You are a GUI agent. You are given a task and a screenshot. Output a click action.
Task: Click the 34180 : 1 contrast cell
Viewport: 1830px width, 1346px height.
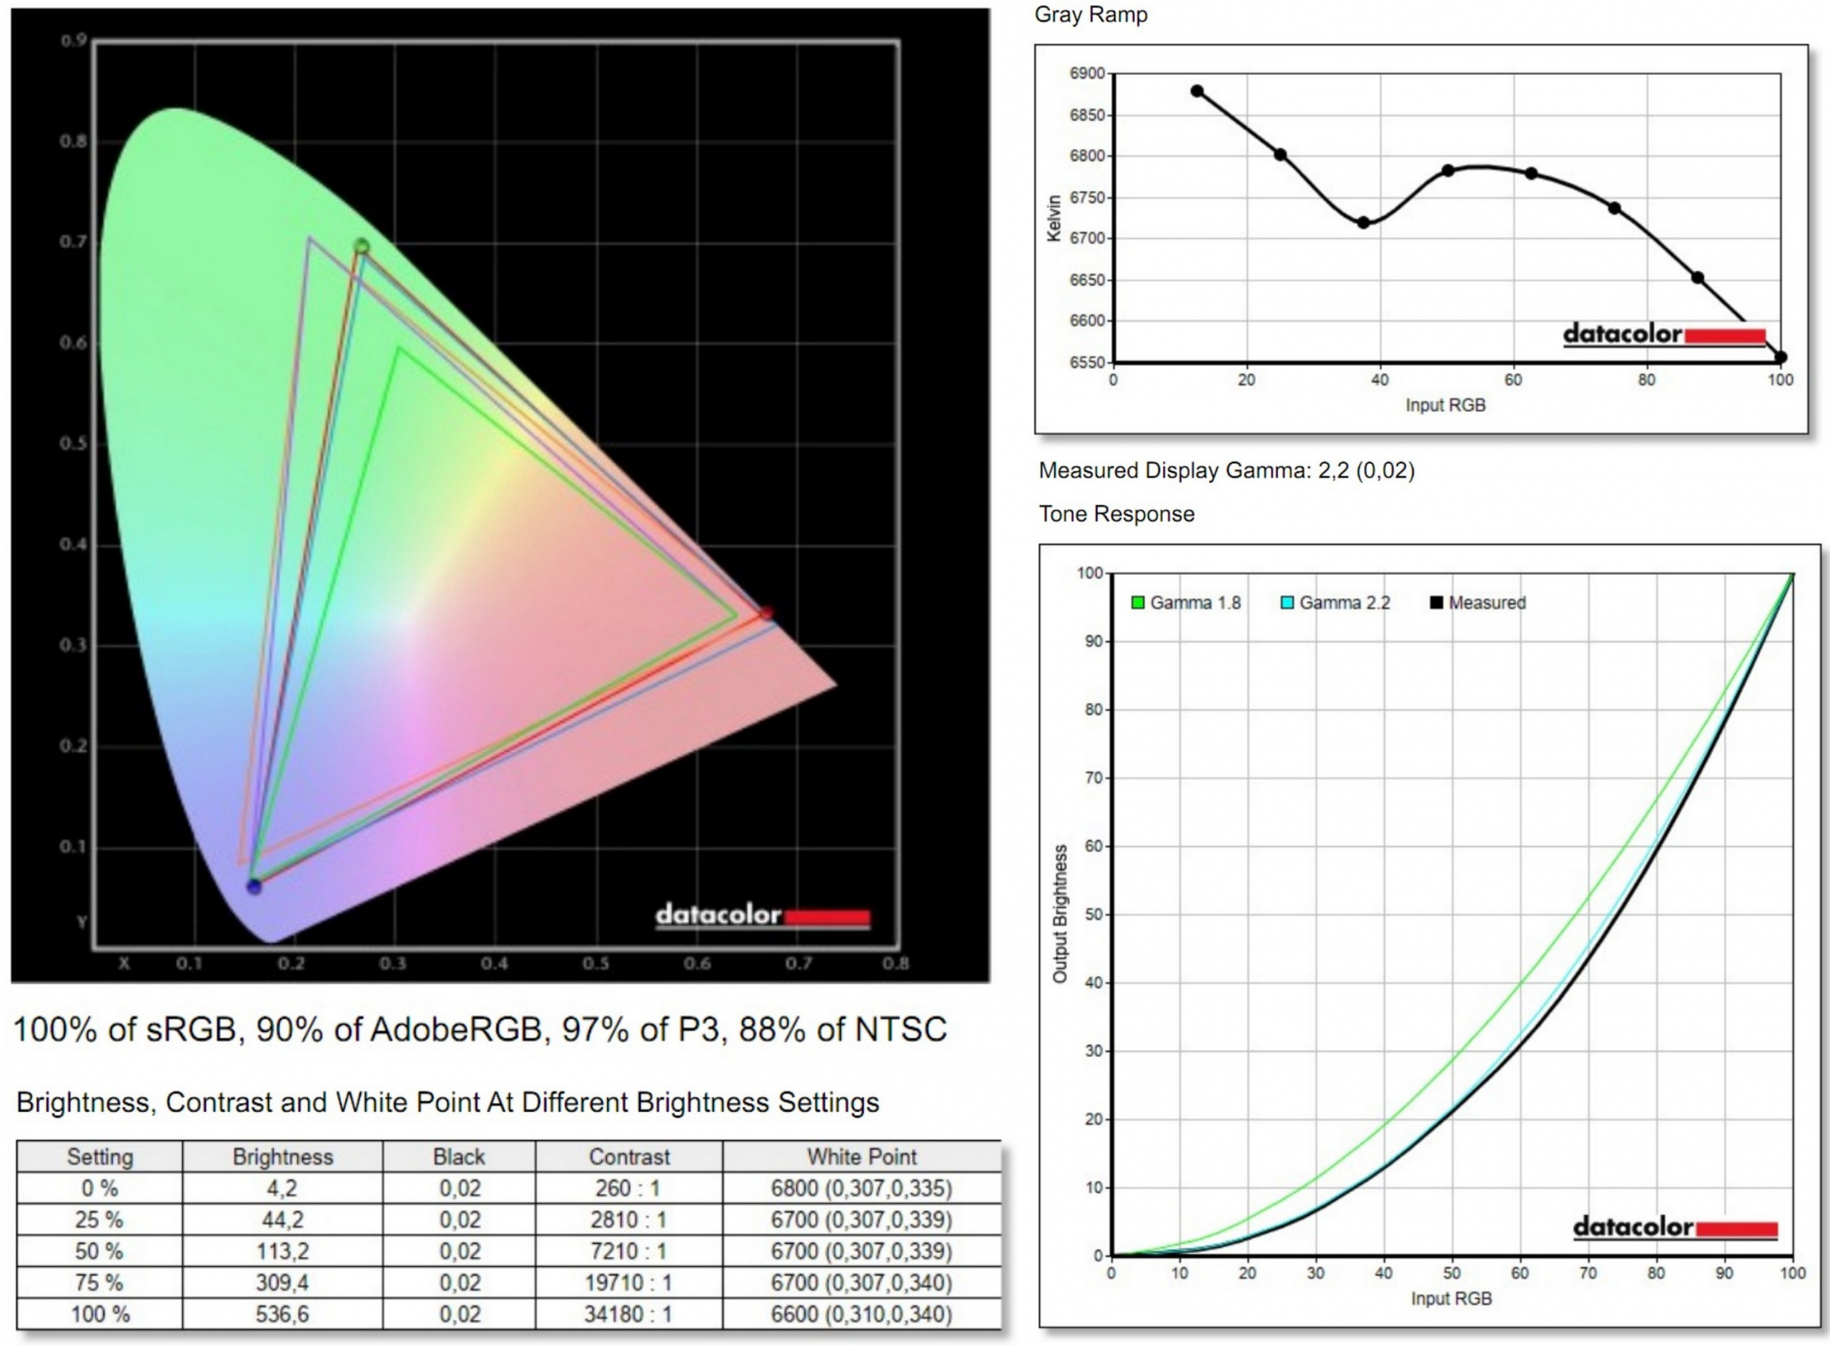(x=628, y=1315)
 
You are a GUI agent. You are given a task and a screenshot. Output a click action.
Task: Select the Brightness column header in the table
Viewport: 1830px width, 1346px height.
(x=282, y=1157)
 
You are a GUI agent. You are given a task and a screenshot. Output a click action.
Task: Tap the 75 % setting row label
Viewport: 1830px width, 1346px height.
(x=99, y=1283)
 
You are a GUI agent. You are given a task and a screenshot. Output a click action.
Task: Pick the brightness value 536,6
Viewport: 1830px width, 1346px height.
(x=282, y=1315)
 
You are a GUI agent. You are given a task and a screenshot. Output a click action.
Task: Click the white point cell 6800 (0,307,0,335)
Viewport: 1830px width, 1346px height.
(x=861, y=1189)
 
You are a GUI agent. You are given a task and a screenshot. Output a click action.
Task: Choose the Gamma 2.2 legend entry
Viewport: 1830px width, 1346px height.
(x=1335, y=603)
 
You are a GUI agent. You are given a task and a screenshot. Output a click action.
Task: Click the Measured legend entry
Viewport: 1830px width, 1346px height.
(x=1478, y=603)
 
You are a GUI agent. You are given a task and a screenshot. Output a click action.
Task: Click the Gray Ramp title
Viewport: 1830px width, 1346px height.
(x=1091, y=15)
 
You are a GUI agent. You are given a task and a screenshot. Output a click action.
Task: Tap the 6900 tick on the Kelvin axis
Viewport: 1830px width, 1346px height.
(x=1087, y=74)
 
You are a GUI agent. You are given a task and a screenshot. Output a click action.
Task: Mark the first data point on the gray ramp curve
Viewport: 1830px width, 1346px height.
(x=1197, y=92)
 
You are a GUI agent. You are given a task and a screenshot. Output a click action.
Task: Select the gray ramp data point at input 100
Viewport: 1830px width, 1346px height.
(x=1781, y=358)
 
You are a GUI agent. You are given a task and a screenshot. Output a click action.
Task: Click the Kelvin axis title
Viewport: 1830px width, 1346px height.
(x=1054, y=218)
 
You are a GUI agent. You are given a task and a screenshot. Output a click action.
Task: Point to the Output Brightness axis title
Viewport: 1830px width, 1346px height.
(x=1059, y=913)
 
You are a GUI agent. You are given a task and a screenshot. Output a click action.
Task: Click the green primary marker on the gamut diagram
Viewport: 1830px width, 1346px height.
(x=362, y=246)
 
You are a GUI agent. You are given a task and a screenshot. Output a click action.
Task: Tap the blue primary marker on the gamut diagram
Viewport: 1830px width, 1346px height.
(x=254, y=886)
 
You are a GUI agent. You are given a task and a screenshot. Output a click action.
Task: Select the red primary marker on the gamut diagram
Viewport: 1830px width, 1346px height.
(x=766, y=613)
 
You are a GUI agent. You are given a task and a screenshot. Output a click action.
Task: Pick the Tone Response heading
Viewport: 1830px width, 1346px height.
(x=1117, y=514)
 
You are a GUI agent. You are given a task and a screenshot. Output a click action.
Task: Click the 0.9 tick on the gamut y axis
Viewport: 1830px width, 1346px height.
(x=74, y=41)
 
